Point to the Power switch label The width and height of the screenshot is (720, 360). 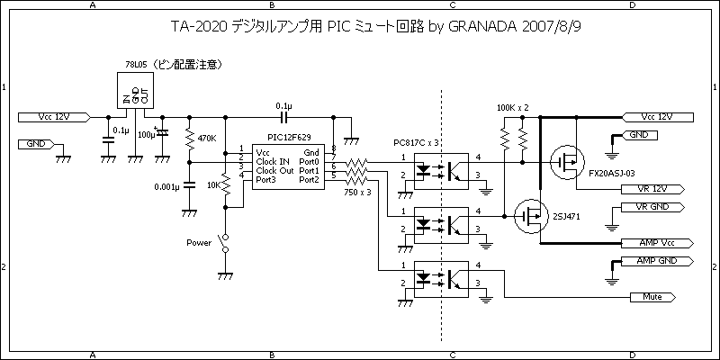[198, 242]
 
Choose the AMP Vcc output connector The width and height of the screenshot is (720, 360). [655, 243]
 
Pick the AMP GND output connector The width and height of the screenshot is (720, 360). [655, 261]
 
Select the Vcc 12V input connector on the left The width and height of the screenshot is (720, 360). [53, 117]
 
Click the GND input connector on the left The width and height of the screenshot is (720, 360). [37, 144]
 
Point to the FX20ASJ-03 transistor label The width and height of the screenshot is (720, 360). [612, 172]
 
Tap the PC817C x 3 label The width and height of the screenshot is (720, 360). [417, 143]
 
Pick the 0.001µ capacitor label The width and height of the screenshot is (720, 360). [166, 186]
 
